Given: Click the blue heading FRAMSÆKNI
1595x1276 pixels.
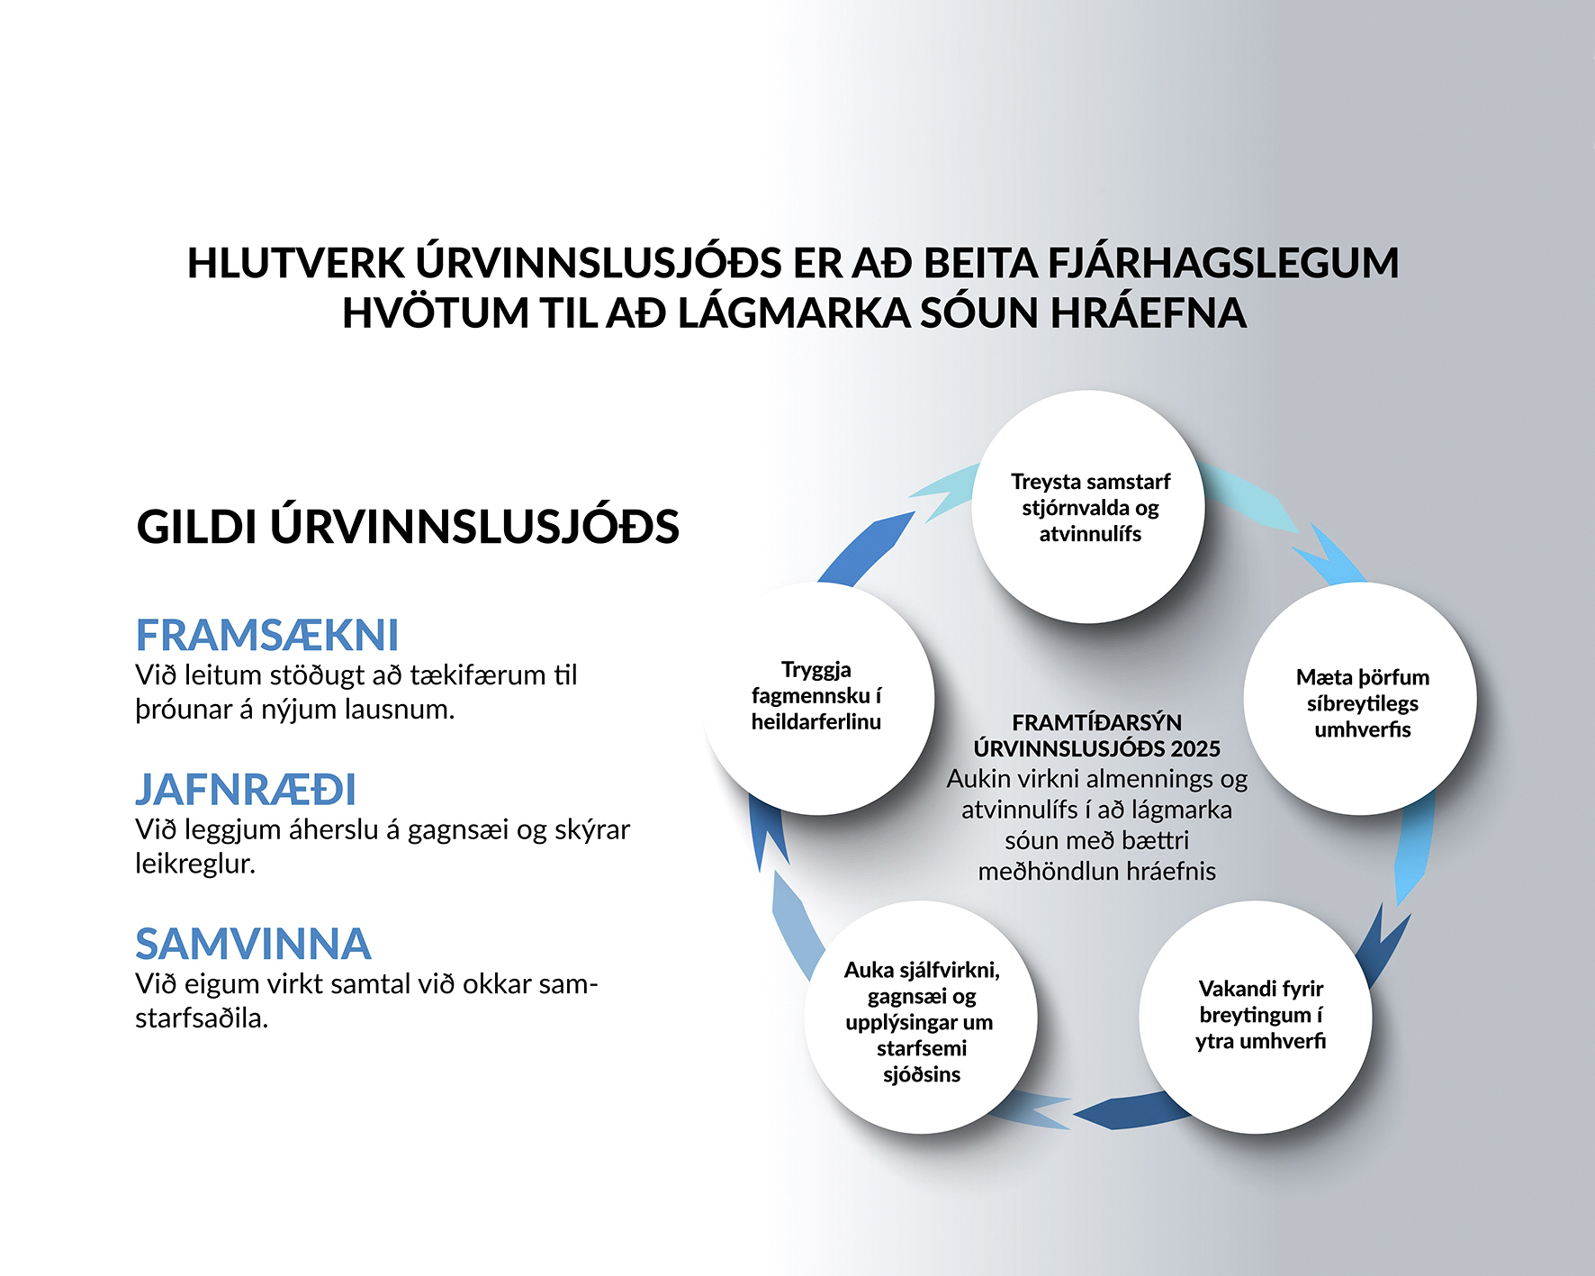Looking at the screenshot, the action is click(266, 635).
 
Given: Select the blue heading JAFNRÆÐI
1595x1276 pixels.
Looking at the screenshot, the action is click(246, 789).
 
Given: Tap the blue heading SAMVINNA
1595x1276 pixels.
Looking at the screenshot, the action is click(253, 944).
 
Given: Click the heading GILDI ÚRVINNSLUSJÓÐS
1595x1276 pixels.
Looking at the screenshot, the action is click(408, 526).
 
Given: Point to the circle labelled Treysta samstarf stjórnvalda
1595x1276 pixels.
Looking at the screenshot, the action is click(1088, 507).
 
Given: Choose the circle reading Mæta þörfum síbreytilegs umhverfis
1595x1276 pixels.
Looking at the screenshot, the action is click(1361, 699).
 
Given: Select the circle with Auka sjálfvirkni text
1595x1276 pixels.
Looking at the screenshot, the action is click(921, 1018).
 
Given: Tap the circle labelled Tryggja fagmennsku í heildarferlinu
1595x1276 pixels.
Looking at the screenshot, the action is click(818, 699).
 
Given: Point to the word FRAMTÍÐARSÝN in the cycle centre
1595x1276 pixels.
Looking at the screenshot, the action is click(1096, 722).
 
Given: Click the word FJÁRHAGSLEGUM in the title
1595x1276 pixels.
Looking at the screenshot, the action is click(1223, 263).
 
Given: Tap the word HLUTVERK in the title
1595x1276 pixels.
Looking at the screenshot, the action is click(296, 263).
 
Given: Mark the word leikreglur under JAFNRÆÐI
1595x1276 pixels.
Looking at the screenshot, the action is click(195, 864).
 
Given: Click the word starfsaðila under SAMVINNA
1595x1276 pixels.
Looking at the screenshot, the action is click(202, 1018).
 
